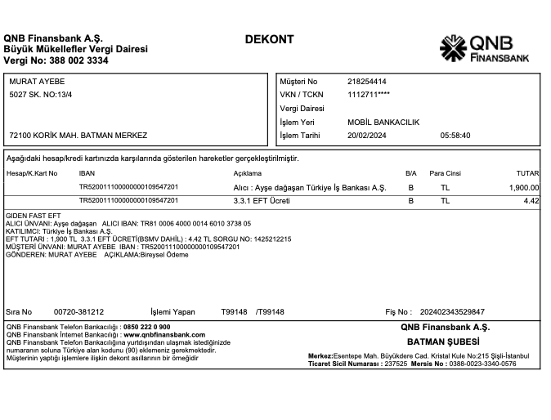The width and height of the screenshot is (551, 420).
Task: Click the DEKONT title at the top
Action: pos(269,39)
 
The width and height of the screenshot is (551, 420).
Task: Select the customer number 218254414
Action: pos(367,82)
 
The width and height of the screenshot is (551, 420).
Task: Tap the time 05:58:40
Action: pos(455,135)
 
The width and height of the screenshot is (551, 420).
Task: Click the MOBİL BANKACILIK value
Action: pos(383,122)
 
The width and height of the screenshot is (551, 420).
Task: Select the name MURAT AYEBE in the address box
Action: pos(37,82)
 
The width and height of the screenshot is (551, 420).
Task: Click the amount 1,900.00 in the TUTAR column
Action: pos(522,187)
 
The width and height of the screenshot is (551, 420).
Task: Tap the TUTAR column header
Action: pos(528,173)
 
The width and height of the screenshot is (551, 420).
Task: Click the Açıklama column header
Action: pos(247,173)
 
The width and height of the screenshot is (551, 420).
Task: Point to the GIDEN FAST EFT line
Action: pos(33,216)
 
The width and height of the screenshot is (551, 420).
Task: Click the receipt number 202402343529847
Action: pos(452,311)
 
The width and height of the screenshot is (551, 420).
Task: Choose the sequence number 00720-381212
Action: pos(78,311)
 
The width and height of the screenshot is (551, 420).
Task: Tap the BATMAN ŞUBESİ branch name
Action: pos(442,341)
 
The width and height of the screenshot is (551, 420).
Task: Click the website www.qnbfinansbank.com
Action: pos(164,334)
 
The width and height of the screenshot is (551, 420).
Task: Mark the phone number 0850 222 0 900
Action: pos(146,327)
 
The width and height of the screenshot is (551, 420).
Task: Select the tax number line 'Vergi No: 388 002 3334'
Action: pos(56,60)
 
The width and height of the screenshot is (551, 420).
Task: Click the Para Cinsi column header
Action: pos(446,173)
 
